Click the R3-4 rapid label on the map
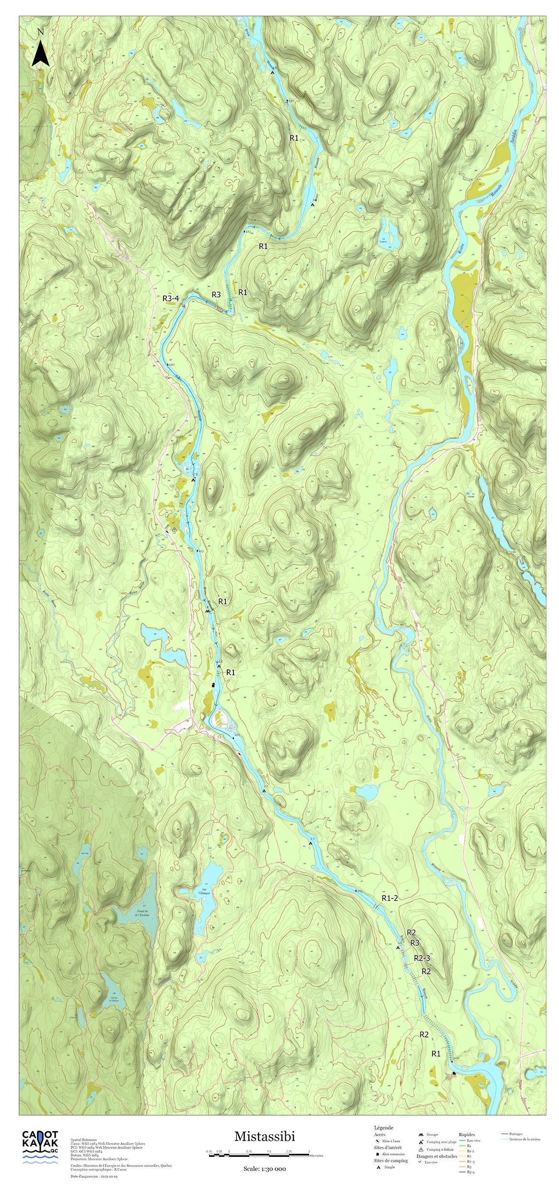pos(171,299)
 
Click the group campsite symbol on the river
pos(207,611)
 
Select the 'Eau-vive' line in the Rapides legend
pos(470,1140)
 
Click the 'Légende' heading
pos(384,1128)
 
